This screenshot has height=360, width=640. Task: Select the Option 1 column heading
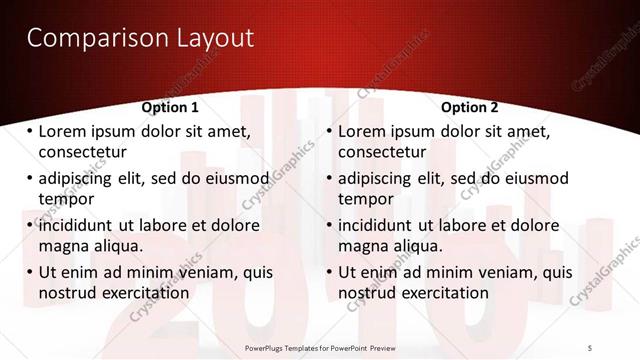(170, 107)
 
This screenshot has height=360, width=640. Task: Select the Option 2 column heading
(469, 107)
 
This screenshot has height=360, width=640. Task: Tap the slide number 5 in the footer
(589, 348)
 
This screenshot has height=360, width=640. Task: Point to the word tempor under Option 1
(64, 198)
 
